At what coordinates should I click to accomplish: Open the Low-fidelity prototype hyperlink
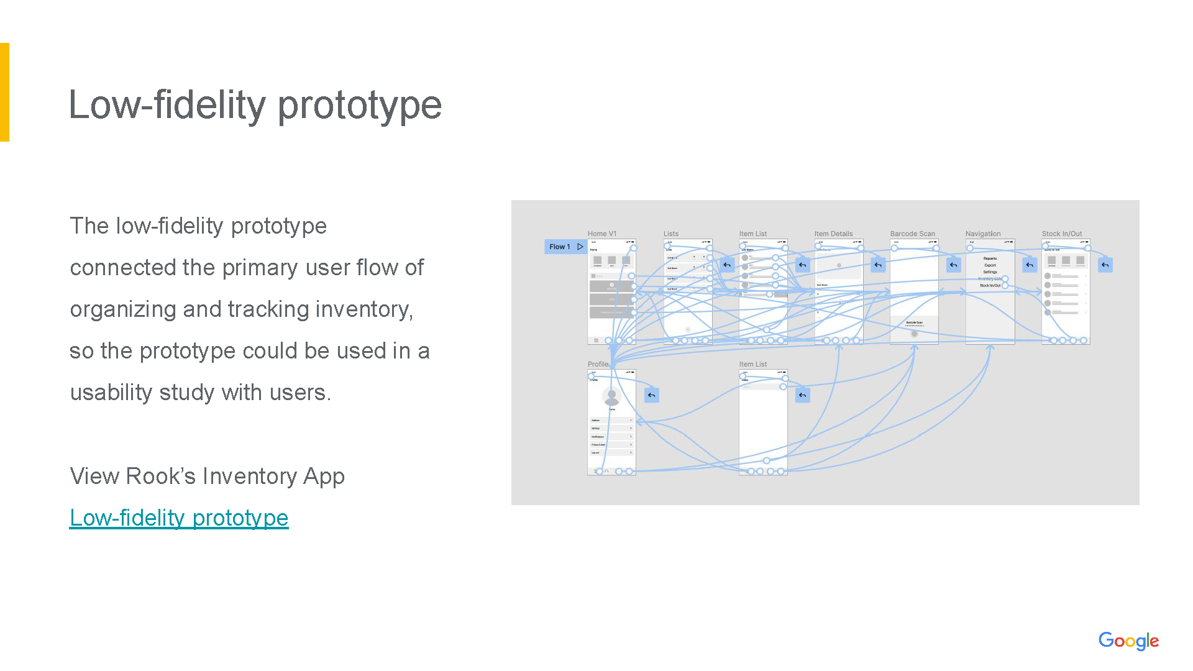(179, 518)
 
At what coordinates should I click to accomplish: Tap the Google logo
(1128, 641)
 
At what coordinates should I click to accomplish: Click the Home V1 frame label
(602, 234)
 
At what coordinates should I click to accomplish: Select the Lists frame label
(671, 234)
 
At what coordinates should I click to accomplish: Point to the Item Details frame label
(833, 234)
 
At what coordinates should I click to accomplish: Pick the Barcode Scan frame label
(912, 234)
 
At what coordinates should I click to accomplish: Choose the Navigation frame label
(983, 234)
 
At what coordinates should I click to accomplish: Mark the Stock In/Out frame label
(1062, 234)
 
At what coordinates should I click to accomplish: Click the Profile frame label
(598, 364)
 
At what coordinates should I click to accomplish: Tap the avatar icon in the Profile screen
(611, 396)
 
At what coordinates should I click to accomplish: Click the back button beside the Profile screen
(651, 395)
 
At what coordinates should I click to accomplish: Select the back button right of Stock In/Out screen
(1105, 265)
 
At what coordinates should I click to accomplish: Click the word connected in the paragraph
(122, 268)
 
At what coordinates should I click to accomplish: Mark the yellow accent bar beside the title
(4, 92)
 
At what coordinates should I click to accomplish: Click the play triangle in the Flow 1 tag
(580, 247)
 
